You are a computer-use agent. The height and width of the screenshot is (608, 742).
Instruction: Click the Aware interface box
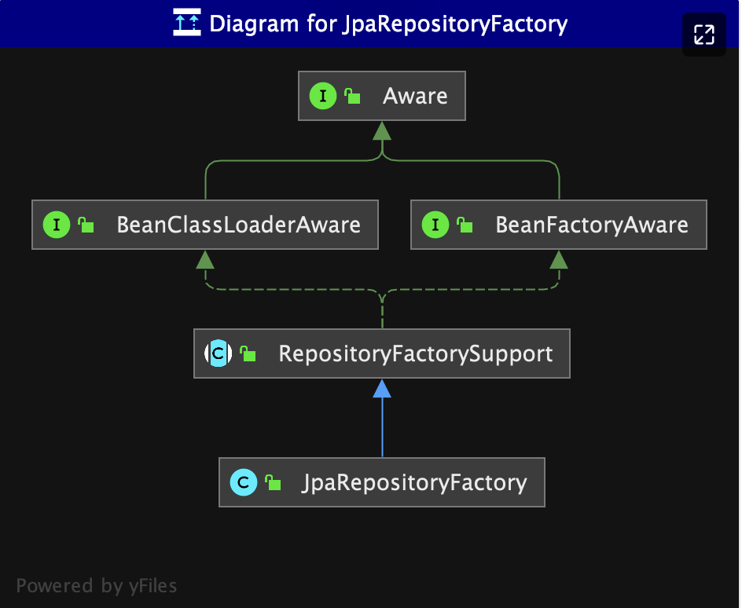pyautogui.click(x=382, y=96)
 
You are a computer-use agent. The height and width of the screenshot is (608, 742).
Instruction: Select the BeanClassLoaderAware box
pyautogui.click(x=205, y=225)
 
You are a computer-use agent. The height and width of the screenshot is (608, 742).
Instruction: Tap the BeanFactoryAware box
pyautogui.click(x=559, y=225)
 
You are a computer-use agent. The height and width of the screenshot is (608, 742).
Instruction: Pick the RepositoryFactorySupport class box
pyautogui.click(x=382, y=353)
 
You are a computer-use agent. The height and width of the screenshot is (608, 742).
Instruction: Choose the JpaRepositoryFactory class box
pyautogui.click(x=382, y=482)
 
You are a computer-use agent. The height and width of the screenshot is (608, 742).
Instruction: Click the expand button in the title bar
pyautogui.click(x=704, y=35)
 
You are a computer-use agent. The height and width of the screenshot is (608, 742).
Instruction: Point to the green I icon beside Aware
pyautogui.click(x=323, y=96)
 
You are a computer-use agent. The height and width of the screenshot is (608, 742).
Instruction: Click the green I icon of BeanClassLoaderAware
pyautogui.click(x=57, y=225)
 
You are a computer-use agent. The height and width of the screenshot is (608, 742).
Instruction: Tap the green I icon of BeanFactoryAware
pyautogui.click(x=435, y=225)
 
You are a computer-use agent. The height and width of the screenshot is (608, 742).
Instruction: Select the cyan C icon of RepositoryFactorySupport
pyautogui.click(x=219, y=353)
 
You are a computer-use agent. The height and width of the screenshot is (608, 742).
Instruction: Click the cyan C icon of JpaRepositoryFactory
pyautogui.click(x=244, y=482)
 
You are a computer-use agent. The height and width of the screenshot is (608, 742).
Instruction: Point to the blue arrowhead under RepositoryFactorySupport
pyautogui.click(x=382, y=389)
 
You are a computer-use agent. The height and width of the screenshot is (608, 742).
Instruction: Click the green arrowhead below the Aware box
pyautogui.click(x=382, y=131)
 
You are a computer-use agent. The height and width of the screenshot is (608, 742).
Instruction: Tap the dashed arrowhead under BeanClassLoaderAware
pyautogui.click(x=205, y=259)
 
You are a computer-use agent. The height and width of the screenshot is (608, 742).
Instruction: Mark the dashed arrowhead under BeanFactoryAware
pyautogui.click(x=559, y=259)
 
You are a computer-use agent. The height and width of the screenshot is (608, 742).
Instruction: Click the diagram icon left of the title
pyautogui.click(x=187, y=22)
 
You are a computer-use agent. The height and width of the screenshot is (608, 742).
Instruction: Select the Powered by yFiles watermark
pyautogui.click(x=97, y=586)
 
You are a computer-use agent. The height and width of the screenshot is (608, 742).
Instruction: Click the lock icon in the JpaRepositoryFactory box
pyautogui.click(x=273, y=482)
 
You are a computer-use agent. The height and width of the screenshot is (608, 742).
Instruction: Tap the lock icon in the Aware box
pyautogui.click(x=352, y=96)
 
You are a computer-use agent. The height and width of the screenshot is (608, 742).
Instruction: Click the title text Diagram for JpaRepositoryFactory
pyautogui.click(x=388, y=24)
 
